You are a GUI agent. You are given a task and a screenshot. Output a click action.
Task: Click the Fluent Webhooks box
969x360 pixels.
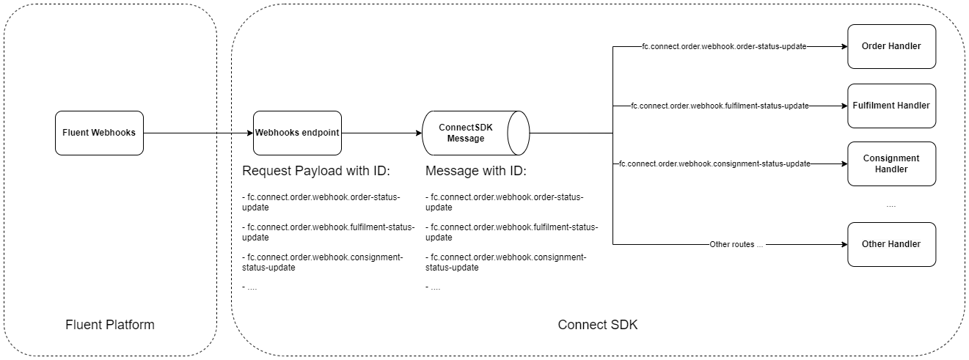point(99,133)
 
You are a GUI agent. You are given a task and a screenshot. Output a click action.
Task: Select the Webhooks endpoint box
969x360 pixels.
point(297,133)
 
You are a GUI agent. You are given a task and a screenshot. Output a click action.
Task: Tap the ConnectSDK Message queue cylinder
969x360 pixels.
point(475,133)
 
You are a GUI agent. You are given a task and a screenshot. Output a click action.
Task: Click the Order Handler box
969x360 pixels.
point(891,46)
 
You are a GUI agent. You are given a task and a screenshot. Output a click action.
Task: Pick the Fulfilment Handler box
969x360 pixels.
point(891,106)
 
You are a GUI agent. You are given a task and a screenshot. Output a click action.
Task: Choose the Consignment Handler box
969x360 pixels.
point(891,164)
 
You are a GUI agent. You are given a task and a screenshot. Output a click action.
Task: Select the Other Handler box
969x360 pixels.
point(891,244)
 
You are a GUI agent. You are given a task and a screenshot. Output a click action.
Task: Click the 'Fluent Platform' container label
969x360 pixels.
point(110,325)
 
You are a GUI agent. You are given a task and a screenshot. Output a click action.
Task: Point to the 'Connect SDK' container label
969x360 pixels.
point(598,325)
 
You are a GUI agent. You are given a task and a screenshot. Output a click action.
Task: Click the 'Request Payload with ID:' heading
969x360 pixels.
point(316,172)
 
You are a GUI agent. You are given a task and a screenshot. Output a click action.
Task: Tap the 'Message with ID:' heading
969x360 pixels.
point(476,172)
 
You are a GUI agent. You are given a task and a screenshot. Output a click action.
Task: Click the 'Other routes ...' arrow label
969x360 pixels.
point(736,244)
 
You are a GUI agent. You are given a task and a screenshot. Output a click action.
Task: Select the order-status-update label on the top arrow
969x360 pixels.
point(724,46)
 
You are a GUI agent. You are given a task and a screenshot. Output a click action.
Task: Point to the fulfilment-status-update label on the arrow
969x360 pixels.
point(720,106)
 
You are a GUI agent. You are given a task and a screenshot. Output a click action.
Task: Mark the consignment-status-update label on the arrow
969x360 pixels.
point(714,164)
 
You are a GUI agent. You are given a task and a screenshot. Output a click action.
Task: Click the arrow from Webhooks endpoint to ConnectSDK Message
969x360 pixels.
point(381,133)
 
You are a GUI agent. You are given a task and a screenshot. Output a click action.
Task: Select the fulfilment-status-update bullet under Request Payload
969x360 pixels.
point(328,232)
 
